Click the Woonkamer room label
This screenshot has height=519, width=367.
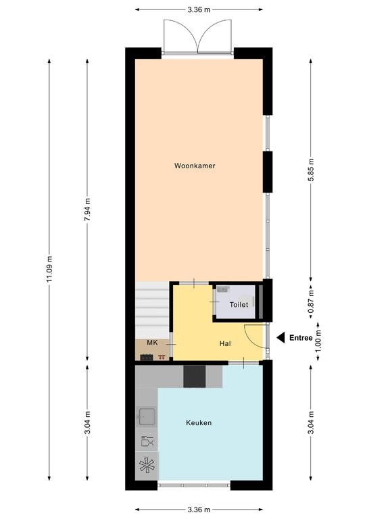(x=195, y=166)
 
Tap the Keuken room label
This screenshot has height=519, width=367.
(x=199, y=422)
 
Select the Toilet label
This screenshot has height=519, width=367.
(x=239, y=305)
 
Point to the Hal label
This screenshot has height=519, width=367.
(x=225, y=343)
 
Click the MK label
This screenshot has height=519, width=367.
(x=152, y=343)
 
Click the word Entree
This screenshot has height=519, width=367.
(x=301, y=338)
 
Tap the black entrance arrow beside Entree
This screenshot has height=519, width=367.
(x=280, y=338)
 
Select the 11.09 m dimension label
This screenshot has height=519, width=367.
(x=49, y=269)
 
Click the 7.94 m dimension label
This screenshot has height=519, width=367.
(x=87, y=210)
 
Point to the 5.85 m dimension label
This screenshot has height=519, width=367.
(x=311, y=170)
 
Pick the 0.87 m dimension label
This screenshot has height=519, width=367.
(x=311, y=301)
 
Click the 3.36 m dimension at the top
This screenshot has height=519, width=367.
(x=199, y=9)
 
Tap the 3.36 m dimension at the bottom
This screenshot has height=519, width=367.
(x=199, y=510)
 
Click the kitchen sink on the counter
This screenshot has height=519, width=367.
(x=147, y=416)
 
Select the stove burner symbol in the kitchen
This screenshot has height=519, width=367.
(x=147, y=466)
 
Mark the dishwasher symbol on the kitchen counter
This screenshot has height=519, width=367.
(x=147, y=441)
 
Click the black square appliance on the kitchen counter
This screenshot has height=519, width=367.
(x=195, y=376)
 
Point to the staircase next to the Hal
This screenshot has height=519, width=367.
(x=152, y=310)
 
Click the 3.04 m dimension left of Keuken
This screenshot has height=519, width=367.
(x=87, y=422)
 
